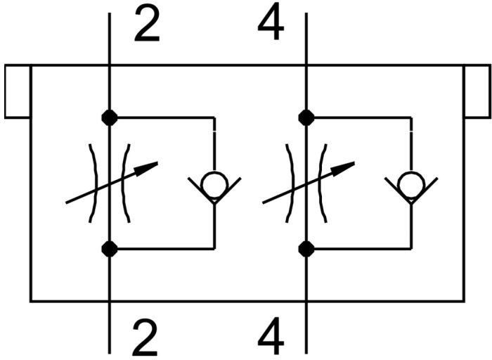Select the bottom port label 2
point(145,338)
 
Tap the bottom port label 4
point(271,338)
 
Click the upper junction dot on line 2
point(110,117)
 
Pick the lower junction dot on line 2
point(110,248)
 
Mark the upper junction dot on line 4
point(306,117)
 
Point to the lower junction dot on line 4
point(306,248)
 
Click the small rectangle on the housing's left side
point(17,91)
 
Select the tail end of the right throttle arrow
point(264,202)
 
